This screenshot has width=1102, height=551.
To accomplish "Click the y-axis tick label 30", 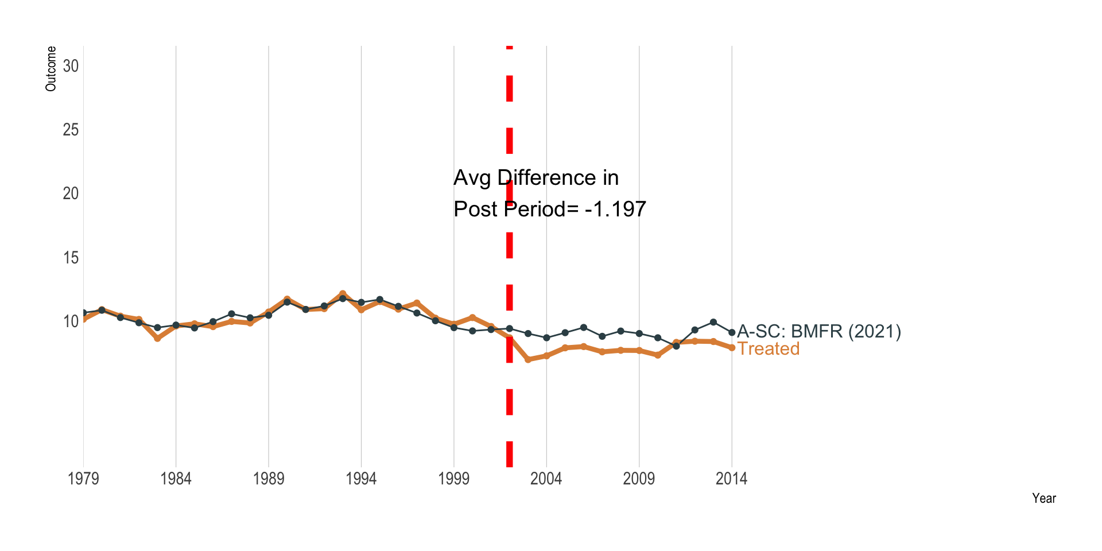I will pos(71,66).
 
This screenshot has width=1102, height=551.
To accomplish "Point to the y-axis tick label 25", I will pos(71,130).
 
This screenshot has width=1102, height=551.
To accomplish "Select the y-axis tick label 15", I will pos(71,258).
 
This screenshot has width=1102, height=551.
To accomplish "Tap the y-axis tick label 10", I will pos(71,321).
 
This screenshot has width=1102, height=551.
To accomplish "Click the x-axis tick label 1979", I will pos(84,479).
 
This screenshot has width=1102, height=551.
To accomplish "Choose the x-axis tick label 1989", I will pos(269,479).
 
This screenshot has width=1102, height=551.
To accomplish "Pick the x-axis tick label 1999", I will pos(454,479).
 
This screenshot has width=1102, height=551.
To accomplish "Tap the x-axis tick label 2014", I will pos(731,479).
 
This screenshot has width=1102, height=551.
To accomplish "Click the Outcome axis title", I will pos(51,69).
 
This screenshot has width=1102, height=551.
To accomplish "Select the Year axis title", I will pos(1043,498).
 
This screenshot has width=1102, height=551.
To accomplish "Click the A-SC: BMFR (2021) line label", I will pos(819,331).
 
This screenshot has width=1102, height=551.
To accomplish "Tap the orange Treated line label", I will pos(769,349).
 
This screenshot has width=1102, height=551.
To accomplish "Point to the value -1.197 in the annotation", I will pos(615,209).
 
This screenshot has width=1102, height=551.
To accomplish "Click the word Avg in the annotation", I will pos(472,178).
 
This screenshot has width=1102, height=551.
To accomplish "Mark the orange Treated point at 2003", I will pos(528,359).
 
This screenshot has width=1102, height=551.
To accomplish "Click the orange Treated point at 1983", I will pos(157,339).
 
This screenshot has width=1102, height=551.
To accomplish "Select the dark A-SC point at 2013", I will pos(713,322).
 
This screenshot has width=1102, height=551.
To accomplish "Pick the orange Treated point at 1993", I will pos(343,293).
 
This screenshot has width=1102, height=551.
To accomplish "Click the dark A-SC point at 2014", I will pos(732,332).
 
